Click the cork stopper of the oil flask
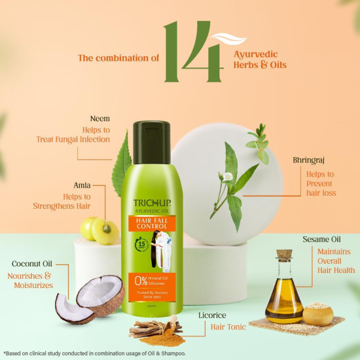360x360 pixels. point(283,256)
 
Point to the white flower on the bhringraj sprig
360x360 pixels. point(228,177)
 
